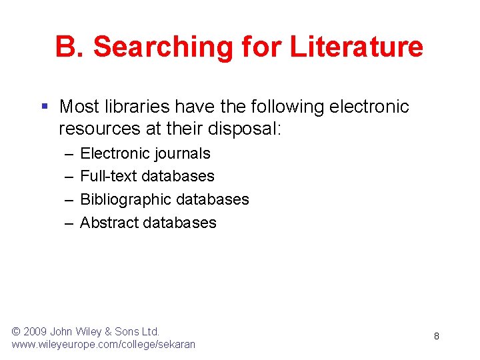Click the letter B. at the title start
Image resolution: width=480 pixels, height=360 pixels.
click(x=70, y=47)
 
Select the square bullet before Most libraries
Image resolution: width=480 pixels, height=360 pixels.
click(x=44, y=107)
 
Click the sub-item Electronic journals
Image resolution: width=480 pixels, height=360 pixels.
click(x=145, y=153)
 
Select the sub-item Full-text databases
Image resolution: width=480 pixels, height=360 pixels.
click(x=147, y=176)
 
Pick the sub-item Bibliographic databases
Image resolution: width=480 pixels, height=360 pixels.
click(x=164, y=199)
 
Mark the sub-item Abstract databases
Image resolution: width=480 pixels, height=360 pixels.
click(x=148, y=222)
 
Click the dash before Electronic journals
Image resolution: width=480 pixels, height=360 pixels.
click(x=69, y=153)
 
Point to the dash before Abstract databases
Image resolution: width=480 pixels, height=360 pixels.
click(x=69, y=222)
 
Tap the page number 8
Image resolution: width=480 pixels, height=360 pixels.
click(x=436, y=336)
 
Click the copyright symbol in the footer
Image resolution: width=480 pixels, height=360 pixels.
click(x=17, y=331)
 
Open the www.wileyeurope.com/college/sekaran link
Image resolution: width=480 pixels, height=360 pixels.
click(x=103, y=345)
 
